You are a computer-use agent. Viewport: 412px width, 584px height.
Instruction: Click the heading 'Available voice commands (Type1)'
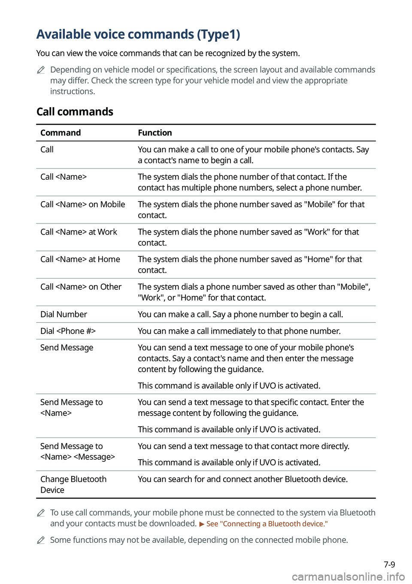click(138, 34)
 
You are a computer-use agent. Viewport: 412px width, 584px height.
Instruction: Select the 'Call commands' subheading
click(75, 112)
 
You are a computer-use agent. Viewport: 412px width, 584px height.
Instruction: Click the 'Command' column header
click(61, 133)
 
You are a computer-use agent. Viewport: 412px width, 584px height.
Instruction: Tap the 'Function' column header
click(155, 133)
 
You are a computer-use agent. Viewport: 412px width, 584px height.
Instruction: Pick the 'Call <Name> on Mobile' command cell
click(83, 205)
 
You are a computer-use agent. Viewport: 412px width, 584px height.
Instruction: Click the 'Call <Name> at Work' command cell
click(79, 232)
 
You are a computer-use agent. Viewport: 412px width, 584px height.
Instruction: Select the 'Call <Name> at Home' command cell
click(80, 259)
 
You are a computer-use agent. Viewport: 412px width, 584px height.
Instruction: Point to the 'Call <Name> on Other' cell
click(81, 287)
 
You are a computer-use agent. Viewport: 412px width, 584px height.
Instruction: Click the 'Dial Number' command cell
click(64, 314)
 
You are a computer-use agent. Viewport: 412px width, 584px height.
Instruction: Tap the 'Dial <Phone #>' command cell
click(68, 331)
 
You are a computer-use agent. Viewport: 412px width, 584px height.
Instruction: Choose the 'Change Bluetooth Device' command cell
click(73, 485)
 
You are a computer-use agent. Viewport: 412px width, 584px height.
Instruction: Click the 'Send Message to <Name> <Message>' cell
click(78, 452)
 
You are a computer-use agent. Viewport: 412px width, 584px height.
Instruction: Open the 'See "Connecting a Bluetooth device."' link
click(267, 524)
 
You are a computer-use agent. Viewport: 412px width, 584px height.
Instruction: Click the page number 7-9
click(389, 565)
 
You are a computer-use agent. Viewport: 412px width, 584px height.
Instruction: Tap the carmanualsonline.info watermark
click(348, 577)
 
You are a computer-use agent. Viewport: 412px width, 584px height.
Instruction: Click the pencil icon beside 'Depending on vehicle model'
click(41, 70)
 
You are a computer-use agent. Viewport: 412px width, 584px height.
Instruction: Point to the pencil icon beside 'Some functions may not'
click(41, 540)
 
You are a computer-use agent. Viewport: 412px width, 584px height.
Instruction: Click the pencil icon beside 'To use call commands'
click(41, 513)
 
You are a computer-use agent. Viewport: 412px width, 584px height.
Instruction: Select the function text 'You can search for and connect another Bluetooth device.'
click(242, 479)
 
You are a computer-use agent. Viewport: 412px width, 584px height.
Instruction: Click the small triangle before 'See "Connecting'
click(202, 524)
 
